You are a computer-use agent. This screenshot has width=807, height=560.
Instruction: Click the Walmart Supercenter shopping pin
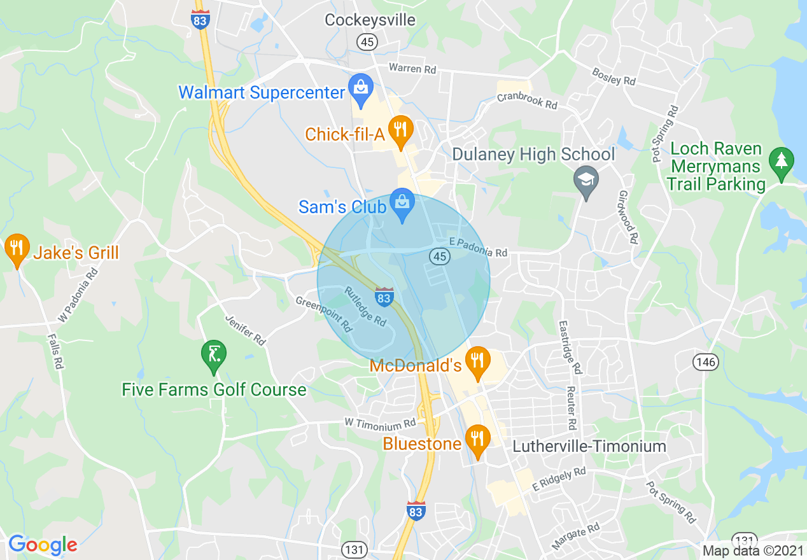(x=361, y=90)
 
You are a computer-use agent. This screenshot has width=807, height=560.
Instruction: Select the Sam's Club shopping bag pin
(x=402, y=205)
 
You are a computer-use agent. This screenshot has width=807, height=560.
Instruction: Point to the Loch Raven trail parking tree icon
(x=781, y=162)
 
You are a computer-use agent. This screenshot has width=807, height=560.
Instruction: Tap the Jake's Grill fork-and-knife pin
(x=17, y=249)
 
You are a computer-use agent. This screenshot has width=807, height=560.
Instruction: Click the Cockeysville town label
(x=370, y=20)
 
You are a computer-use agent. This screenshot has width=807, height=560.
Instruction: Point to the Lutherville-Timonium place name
(x=589, y=446)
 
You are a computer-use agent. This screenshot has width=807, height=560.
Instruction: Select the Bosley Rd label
(x=614, y=76)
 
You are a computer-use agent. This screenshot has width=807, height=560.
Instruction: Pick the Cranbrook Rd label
(x=527, y=101)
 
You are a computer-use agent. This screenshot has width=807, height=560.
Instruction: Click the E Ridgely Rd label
(x=559, y=476)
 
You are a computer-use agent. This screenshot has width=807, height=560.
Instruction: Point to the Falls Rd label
(x=57, y=352)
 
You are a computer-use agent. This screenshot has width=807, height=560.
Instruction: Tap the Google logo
(x=43, y=545)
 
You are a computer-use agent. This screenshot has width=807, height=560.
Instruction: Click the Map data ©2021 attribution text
(x=752, y=550)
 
